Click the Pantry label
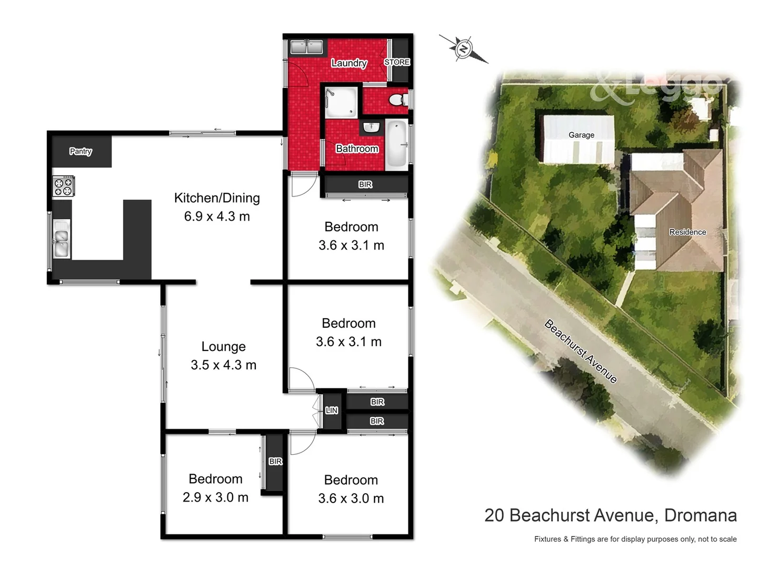(x=81, y=151)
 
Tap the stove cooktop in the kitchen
(x=63, y=187)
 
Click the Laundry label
(x=348, y=63)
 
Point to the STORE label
(x=397, y=62)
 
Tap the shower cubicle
(x=341, y=102)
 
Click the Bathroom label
(x=357, y=149)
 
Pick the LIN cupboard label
(x=332, y=410)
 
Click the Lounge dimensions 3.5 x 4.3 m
(x=223, y=365)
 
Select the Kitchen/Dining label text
(x=217, y=198)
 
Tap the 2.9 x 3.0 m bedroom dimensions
(x=215, y=497)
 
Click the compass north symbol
(x=463, y=49)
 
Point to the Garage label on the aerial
(x=581, y=135)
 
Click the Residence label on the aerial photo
(x=687, y=232)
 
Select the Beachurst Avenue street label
(x=580, y=351)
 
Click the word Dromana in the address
(x=700, y=515)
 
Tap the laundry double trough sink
(x=306, y=47)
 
